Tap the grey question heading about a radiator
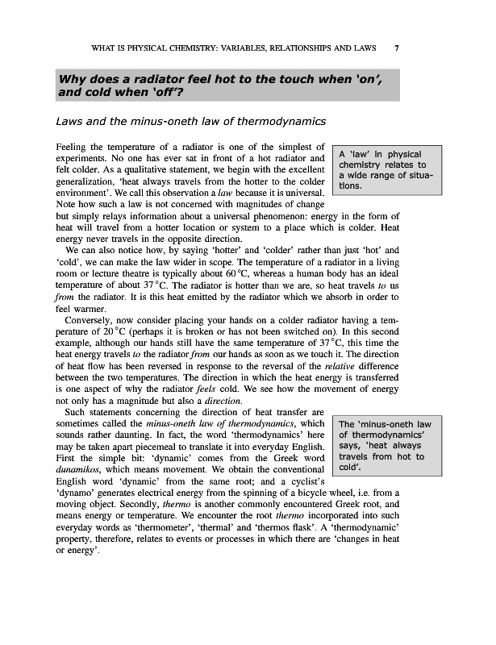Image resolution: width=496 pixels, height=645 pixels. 227,86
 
